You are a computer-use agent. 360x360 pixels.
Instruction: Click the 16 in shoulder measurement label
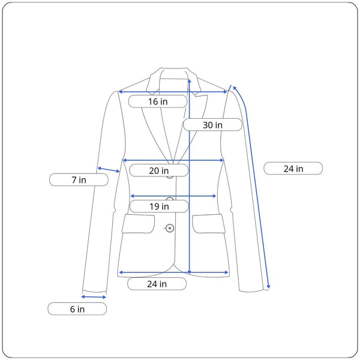tap(158, 101)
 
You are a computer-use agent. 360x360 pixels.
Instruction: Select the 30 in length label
tap(212, 125)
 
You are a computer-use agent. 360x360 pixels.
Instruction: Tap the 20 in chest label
tap(159, 170)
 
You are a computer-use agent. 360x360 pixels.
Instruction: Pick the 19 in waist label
tap(159, 206)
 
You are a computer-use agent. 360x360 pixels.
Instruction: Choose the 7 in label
tap(79, 180)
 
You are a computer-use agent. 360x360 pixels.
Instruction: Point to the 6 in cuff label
tap(77, 309)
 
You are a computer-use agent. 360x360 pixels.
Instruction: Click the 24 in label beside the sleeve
tap(293, 169)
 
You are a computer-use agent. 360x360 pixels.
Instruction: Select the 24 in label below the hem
tap(157, 284)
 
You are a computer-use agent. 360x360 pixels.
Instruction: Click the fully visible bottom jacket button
tap(170, 228)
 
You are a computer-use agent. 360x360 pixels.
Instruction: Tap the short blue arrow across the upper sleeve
tap(109, 170)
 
